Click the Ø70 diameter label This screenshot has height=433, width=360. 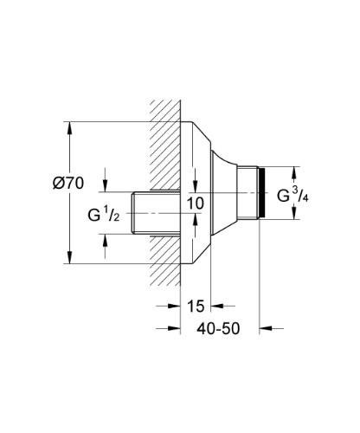click(x=68, y=183)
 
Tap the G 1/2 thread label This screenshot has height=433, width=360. click(x=104, y=215)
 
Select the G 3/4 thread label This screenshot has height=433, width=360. click(x=292, y=195)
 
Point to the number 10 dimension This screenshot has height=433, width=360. click(x=196, y=204)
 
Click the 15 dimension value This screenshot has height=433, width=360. click(x=196, y=307)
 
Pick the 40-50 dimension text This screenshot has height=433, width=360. click(x=218, y=328)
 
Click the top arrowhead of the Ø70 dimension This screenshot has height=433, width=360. click(x=69, y=128)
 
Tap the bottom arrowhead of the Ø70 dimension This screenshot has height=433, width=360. click(x=69, y=257)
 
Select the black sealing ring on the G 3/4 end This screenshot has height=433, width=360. click(x=261, y=193)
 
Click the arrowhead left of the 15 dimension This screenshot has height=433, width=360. click(x=174, y=306)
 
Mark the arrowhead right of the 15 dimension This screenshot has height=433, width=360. click(x=217, y=306)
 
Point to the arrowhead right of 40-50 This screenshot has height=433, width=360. click(x=266, y=328)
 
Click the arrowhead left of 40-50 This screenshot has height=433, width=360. click(x=174, y=328)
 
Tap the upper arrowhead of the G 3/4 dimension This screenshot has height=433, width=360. click(x=294, y=172)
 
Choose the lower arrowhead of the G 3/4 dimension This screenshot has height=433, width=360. click(x=294, y=214)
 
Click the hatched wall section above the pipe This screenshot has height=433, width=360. click(x=165, y=145)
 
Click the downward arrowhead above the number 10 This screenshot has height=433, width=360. click(x=196, y=186)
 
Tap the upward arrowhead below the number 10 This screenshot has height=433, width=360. click(x=196, y=219)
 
